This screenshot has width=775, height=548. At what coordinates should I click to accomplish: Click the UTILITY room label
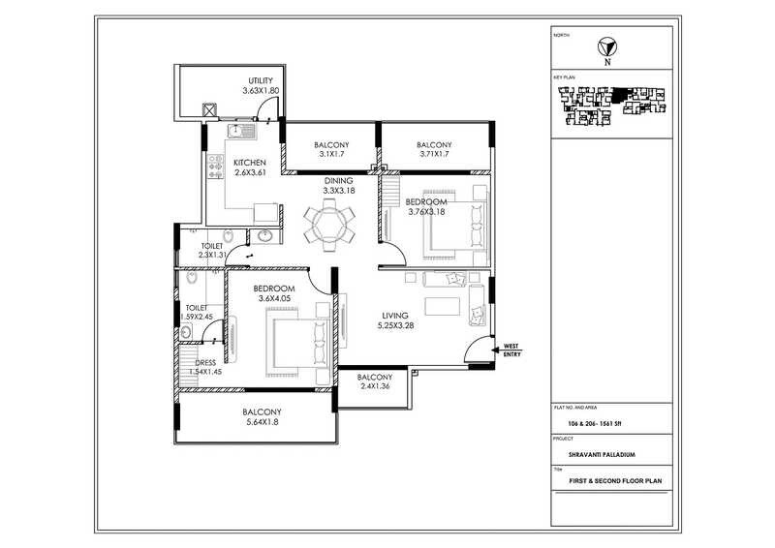click(262, 80)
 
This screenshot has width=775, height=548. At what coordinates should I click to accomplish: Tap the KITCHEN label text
click(250, 162)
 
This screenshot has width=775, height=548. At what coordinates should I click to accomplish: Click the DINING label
click(339, 180)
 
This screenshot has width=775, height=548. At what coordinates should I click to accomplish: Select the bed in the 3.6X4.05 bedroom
click(291, 344)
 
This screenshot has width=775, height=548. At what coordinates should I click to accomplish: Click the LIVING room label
click(395, 316)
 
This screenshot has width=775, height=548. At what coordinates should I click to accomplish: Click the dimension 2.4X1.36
click(374, 387)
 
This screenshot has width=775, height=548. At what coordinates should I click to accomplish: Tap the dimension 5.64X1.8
click(262, 422)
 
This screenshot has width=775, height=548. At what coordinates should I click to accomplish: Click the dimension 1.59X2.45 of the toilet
click(204, 317)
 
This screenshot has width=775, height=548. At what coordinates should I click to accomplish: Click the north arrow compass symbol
click(607, 45)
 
